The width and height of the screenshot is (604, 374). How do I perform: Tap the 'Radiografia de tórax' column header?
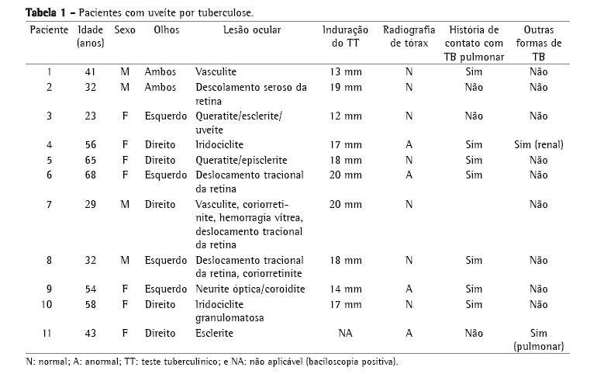[x=409, y=36]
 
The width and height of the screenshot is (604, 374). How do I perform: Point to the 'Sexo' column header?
[x=124, y=29]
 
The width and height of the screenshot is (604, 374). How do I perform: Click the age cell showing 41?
[x=91, y=72]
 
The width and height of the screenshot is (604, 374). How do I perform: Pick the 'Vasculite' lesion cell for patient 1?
[x=216, y=72]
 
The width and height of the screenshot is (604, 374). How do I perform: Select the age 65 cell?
[x=91, y=160]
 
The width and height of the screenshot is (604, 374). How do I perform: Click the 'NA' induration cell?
[x=345, y=333]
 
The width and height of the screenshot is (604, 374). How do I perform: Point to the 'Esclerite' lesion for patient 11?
[x=215, y=333]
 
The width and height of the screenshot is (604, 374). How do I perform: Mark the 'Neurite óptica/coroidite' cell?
[x=250, y=289]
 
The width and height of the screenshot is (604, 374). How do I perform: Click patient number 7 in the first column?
[x=49, y=204]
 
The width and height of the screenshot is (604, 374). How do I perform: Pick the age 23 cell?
[x=91, y=116]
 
